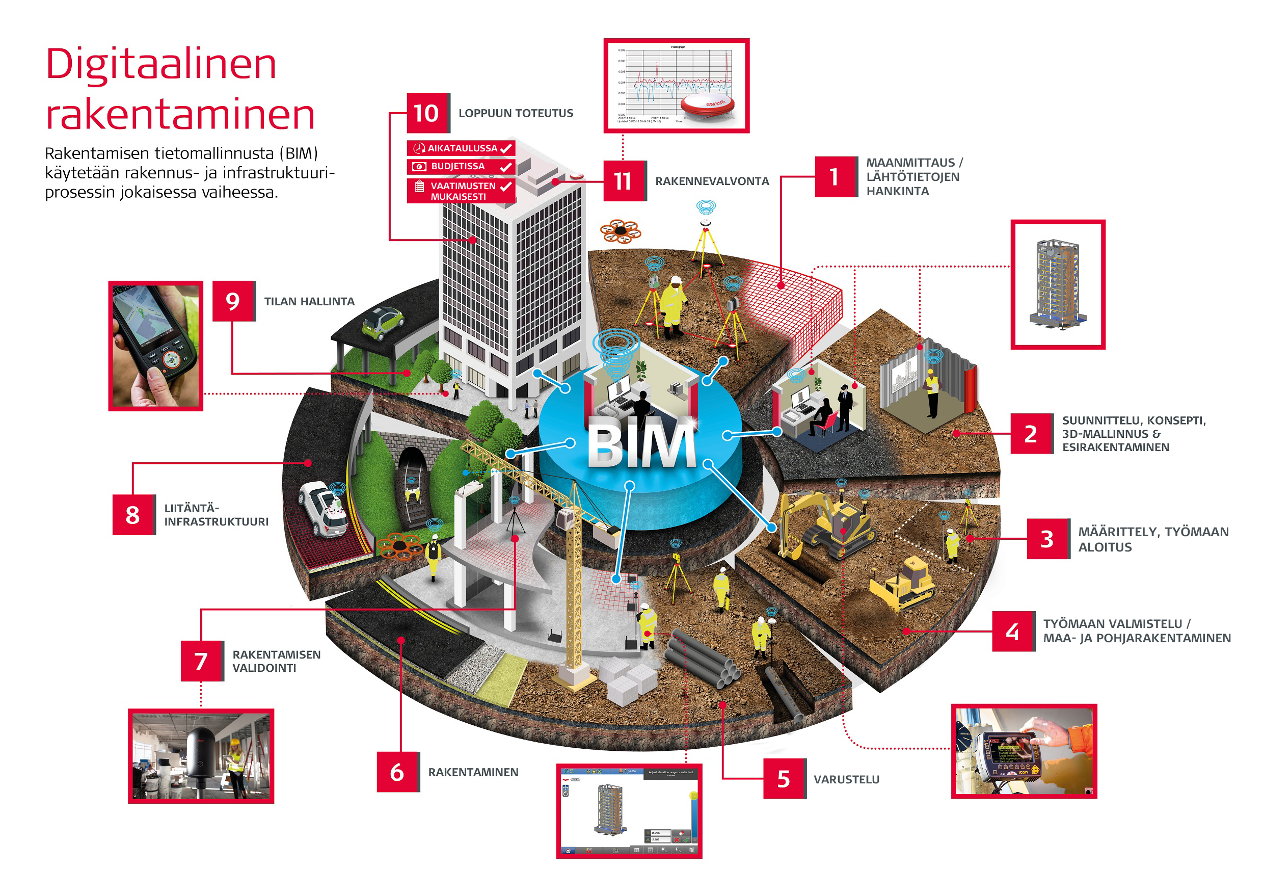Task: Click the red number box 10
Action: coord(427,113)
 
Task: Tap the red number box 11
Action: coord(623,180)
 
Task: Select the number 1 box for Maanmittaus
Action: coord(835,176)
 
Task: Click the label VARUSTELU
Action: coord(846,779)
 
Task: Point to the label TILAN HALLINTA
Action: coord(309,301)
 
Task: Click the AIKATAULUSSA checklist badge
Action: coord(461,148)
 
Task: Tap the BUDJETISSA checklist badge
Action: coord(461,166)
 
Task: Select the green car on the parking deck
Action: coord(383,322)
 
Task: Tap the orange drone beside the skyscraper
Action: coord(621,231)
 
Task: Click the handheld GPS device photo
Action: coord(156,346)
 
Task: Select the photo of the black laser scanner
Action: coord(201,756)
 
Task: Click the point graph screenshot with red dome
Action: coord(676,86)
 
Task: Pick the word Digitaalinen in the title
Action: coord(161,64)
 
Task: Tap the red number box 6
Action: coord(397,772)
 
